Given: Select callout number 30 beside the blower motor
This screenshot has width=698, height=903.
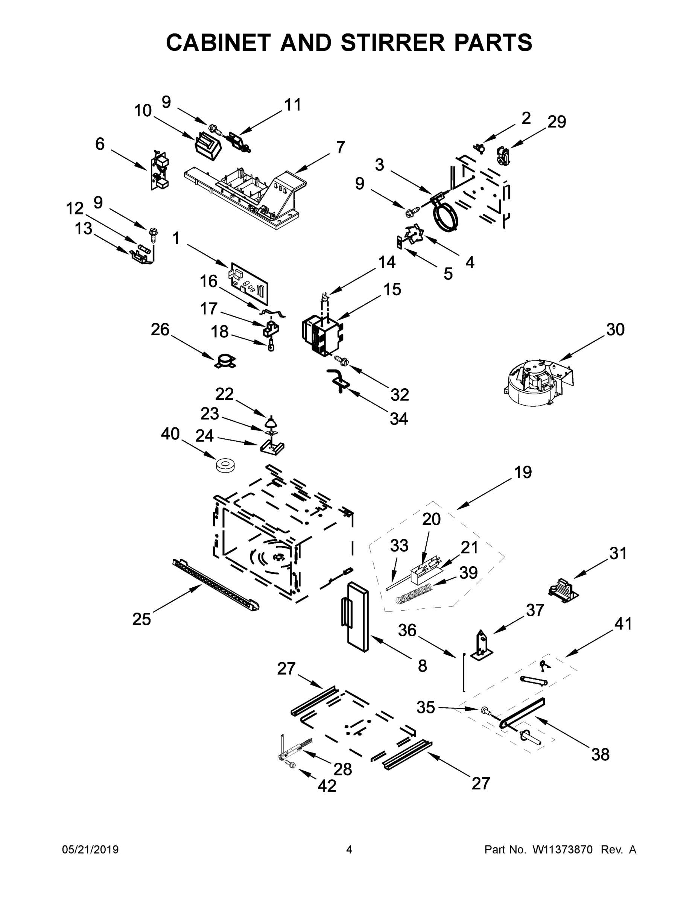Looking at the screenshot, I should point(615,330).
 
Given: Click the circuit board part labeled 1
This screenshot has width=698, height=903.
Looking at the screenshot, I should point(249,283).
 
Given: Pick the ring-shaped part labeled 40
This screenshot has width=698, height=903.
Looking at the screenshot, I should point(225,465).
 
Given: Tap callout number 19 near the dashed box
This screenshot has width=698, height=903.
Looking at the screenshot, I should point(523,472).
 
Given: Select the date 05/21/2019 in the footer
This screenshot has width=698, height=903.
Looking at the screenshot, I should point(90,850).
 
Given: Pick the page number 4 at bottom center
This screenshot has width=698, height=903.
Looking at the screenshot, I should point(349,850).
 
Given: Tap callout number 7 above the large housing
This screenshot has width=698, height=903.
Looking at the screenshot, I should point(340,147).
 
